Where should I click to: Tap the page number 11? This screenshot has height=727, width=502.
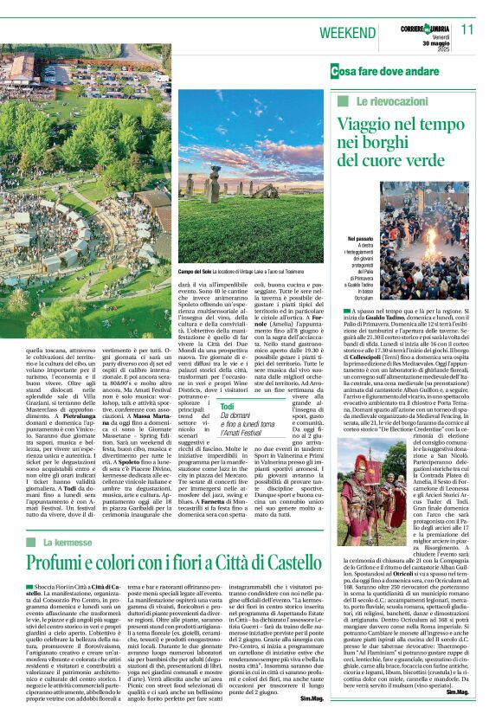click(467, 29)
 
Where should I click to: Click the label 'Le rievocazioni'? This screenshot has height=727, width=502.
click(375, 102)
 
